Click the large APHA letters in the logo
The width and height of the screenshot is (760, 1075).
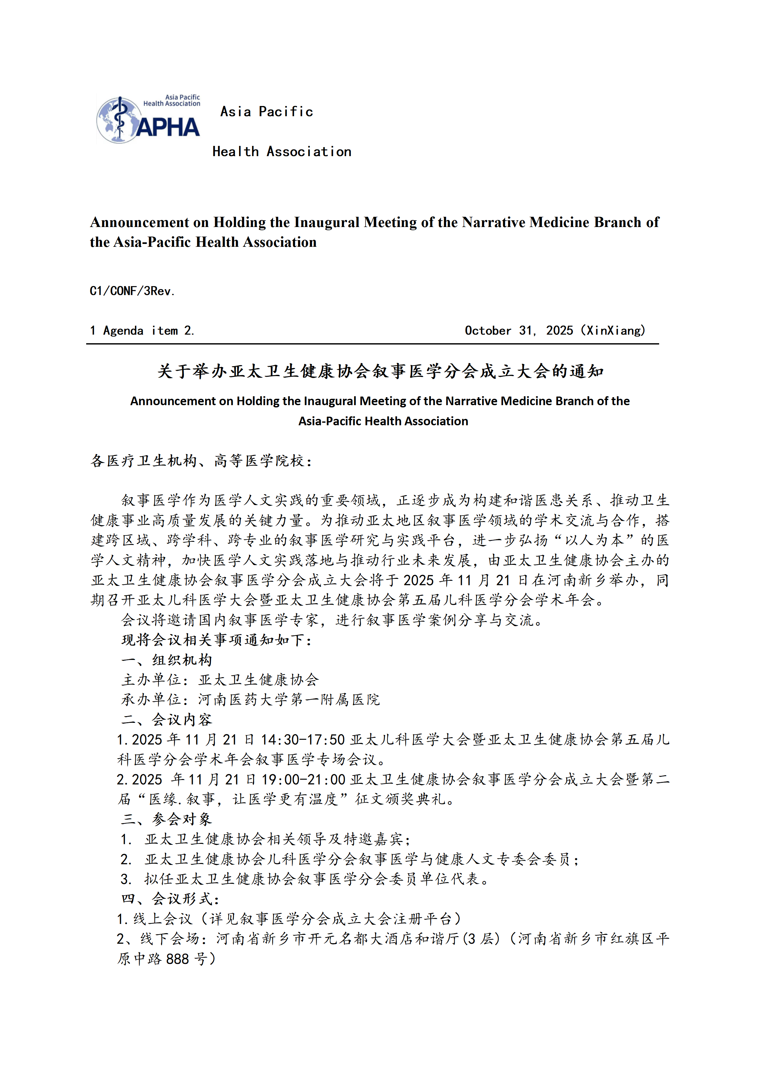click(x=168, y=128)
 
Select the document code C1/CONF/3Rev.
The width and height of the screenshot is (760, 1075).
click(x=132, y=291)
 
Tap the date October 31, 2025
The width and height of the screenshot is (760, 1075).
click(x=518, y=330)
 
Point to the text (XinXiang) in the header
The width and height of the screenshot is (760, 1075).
click(x=613, y=330)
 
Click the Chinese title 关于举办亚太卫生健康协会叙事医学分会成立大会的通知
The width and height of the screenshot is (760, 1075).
click(x=380, y=371)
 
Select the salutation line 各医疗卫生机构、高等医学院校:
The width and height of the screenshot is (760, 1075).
click(x=201, y=461)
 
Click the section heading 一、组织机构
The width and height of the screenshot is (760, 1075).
click(x=167, y=660)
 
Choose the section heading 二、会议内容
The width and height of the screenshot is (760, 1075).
click(x=167, y=720)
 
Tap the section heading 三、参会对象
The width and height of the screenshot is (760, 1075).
click(x=167, y=819)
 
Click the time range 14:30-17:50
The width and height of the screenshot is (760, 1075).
click(x=302, y=740)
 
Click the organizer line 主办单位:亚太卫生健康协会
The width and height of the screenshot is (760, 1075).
click(x=220, y=680)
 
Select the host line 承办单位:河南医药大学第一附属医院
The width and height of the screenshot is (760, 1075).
click(x=250, y=700)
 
